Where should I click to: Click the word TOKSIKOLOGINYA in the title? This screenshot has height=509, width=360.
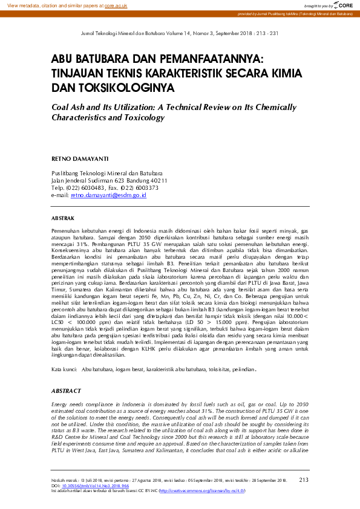(x=126, y=88)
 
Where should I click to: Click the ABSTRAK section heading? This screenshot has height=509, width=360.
(x=63, y=218)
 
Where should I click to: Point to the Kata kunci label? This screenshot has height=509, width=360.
(x=64, y=369)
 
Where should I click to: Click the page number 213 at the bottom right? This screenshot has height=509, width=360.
(x=304, y=479)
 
